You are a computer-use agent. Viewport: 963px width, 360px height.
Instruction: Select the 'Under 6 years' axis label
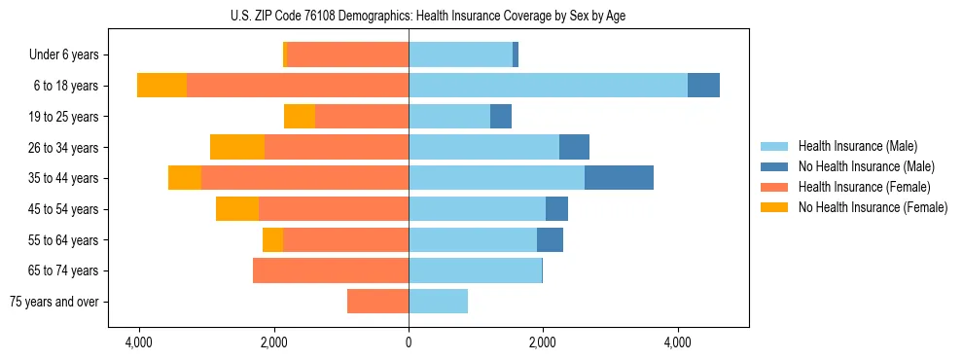(x=64, y=55)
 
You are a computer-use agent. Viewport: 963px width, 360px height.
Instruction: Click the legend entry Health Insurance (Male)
(x=857, y=146)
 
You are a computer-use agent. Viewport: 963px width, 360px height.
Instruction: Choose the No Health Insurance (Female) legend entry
(x=873, y=207)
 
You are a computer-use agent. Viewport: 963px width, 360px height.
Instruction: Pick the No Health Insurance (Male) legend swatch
(x=774, y=166)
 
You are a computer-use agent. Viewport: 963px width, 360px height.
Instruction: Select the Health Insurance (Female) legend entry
(x=865, y=187)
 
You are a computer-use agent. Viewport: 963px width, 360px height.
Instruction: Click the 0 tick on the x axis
(x=409, y=343)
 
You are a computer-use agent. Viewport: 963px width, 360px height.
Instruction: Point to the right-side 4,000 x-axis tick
(x=677, y=343)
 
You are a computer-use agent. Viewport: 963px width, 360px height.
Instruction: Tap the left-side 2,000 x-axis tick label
(x=274, y=343)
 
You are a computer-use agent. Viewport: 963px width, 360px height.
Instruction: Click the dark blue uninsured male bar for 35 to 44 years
(x=619, y=178)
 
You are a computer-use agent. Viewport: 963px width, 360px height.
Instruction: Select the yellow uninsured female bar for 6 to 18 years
(x=161, y=86)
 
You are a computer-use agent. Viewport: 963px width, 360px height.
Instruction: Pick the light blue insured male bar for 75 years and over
(x=438, y=302)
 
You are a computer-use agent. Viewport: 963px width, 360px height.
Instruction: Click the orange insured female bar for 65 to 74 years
(x=331, y=270)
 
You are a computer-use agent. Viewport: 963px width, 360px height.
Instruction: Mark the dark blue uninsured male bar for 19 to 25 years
(x=501, y=117)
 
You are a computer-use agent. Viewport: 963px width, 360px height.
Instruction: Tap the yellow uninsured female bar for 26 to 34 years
(x=237, y=147)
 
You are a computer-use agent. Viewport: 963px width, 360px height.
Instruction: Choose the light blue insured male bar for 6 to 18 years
(x=548, y=86)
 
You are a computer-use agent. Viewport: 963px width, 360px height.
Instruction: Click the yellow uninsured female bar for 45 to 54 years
(x=237, y=209)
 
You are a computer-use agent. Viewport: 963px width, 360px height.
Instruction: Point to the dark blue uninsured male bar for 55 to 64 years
(x=550, y=239)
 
